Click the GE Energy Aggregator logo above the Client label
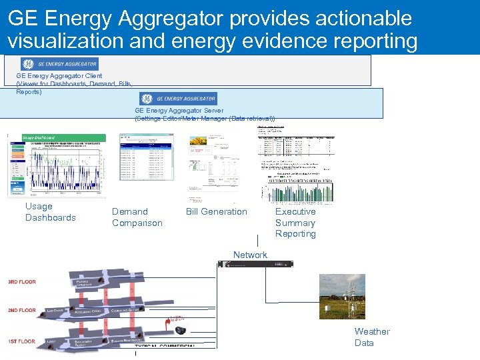(x=60, y=64)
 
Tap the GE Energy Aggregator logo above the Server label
(x=177, y=99)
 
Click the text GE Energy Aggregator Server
(x=179, y=111)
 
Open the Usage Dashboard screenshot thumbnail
(x=56, y=165)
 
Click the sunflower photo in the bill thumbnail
(x=199, y=142)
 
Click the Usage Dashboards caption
(x=51, y=212)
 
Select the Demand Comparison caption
(x=137, y=217)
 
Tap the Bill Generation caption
(x=216, y=212)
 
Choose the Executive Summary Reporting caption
(x=295, y=223)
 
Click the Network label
(x=250, y=255)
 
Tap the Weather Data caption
(x=371, y=337)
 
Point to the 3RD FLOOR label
(x=21, y=282)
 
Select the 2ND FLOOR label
(x=21, y=311)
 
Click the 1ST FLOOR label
(x=21, y=341)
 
